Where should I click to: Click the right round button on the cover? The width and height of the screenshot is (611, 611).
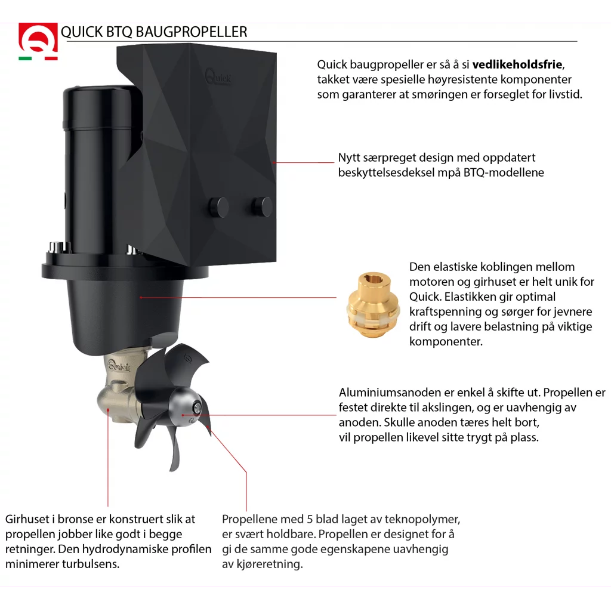click(x=262, y=206)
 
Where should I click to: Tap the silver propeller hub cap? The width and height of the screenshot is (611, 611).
click(x=186, y=408)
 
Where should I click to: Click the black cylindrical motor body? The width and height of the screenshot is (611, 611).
click(x=90, y=167)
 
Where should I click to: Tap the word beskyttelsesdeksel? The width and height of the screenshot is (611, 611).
click(x=389, y=172)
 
